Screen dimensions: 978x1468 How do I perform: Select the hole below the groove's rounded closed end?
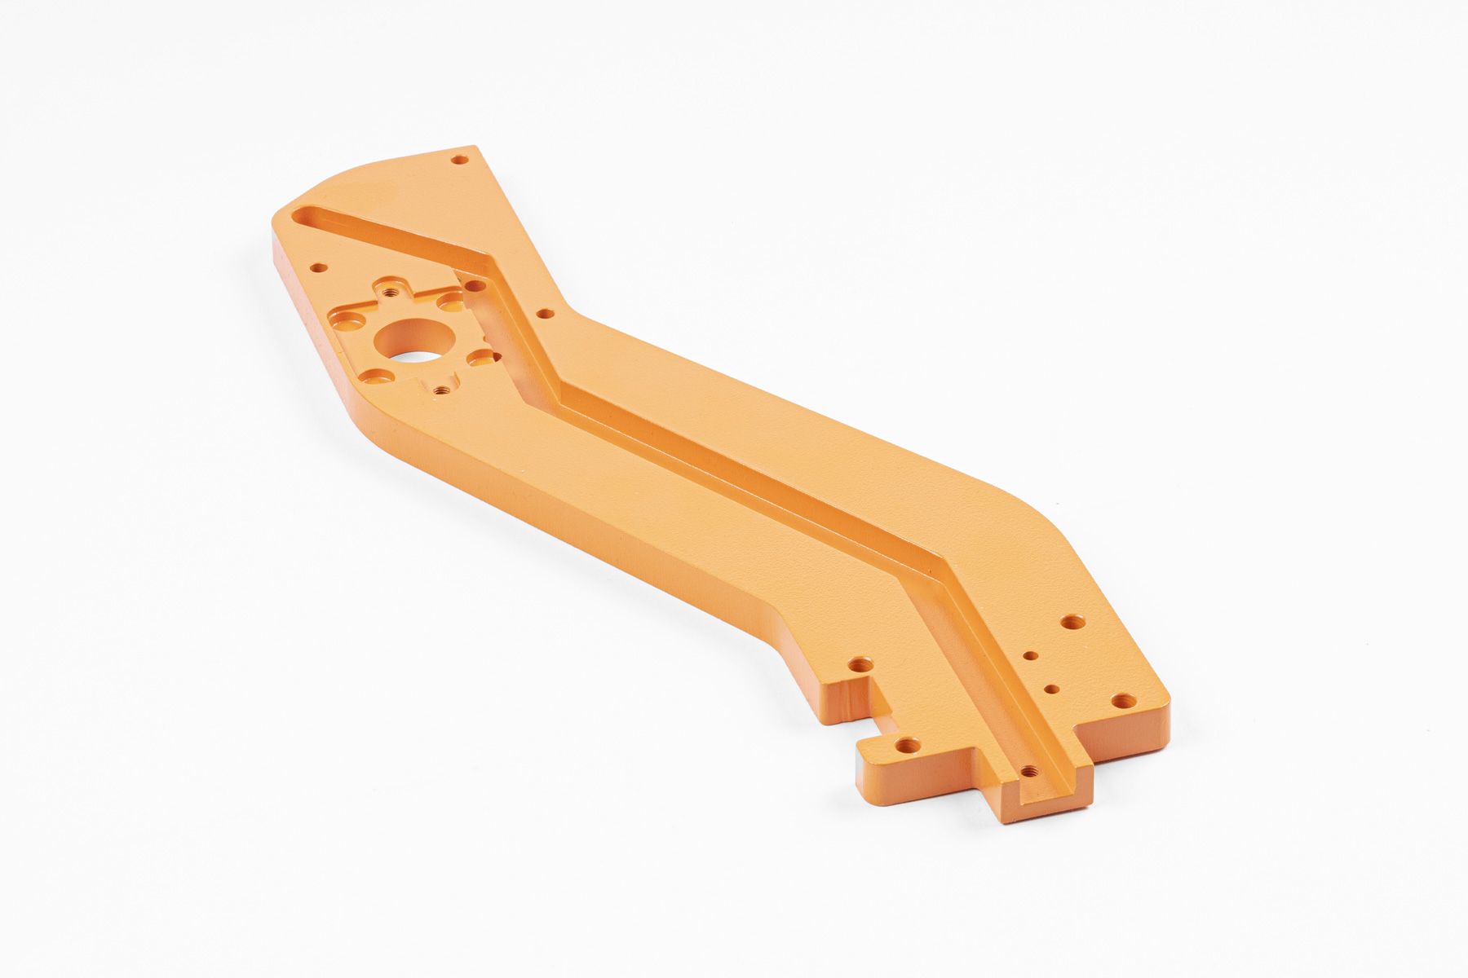pyautogui.click(x=320, y=267)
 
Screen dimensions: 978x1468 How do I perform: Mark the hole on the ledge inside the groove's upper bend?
pyautogui.click(x=473, y=286)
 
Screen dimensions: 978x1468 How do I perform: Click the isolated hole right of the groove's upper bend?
pyautogui.click(x=544, y=312)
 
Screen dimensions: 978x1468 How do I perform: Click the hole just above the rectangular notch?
pyautogui.click(x=860, y=665)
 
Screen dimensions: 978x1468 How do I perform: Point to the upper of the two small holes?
pyautogui.click(x=1031, y=654)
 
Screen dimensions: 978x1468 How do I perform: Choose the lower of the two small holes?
pyautogui.click(x=1053, y=689)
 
